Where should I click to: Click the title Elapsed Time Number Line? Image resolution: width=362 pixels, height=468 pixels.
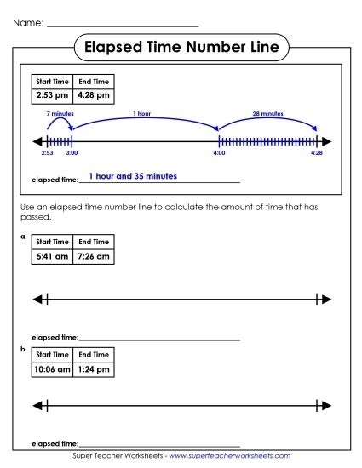point(181,48)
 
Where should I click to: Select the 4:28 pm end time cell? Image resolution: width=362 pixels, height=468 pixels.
point(94,96)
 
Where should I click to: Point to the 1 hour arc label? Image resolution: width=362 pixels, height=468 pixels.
point(143,113)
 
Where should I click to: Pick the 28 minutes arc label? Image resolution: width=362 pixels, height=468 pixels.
point(267,113)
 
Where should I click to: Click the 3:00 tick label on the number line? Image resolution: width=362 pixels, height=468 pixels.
point(72,154)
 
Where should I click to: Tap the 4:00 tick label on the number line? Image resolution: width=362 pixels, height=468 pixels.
point(219,154)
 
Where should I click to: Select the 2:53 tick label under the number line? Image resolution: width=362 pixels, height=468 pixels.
point(47,154)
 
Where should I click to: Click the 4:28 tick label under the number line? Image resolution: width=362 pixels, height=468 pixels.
point(317,154)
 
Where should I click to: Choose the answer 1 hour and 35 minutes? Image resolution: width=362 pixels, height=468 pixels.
point(133,176)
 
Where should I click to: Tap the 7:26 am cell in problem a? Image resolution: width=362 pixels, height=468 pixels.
point(94,255)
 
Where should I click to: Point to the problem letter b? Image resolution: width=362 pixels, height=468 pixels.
point(24,349)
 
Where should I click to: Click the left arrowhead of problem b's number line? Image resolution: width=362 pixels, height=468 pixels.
point(35,404)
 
